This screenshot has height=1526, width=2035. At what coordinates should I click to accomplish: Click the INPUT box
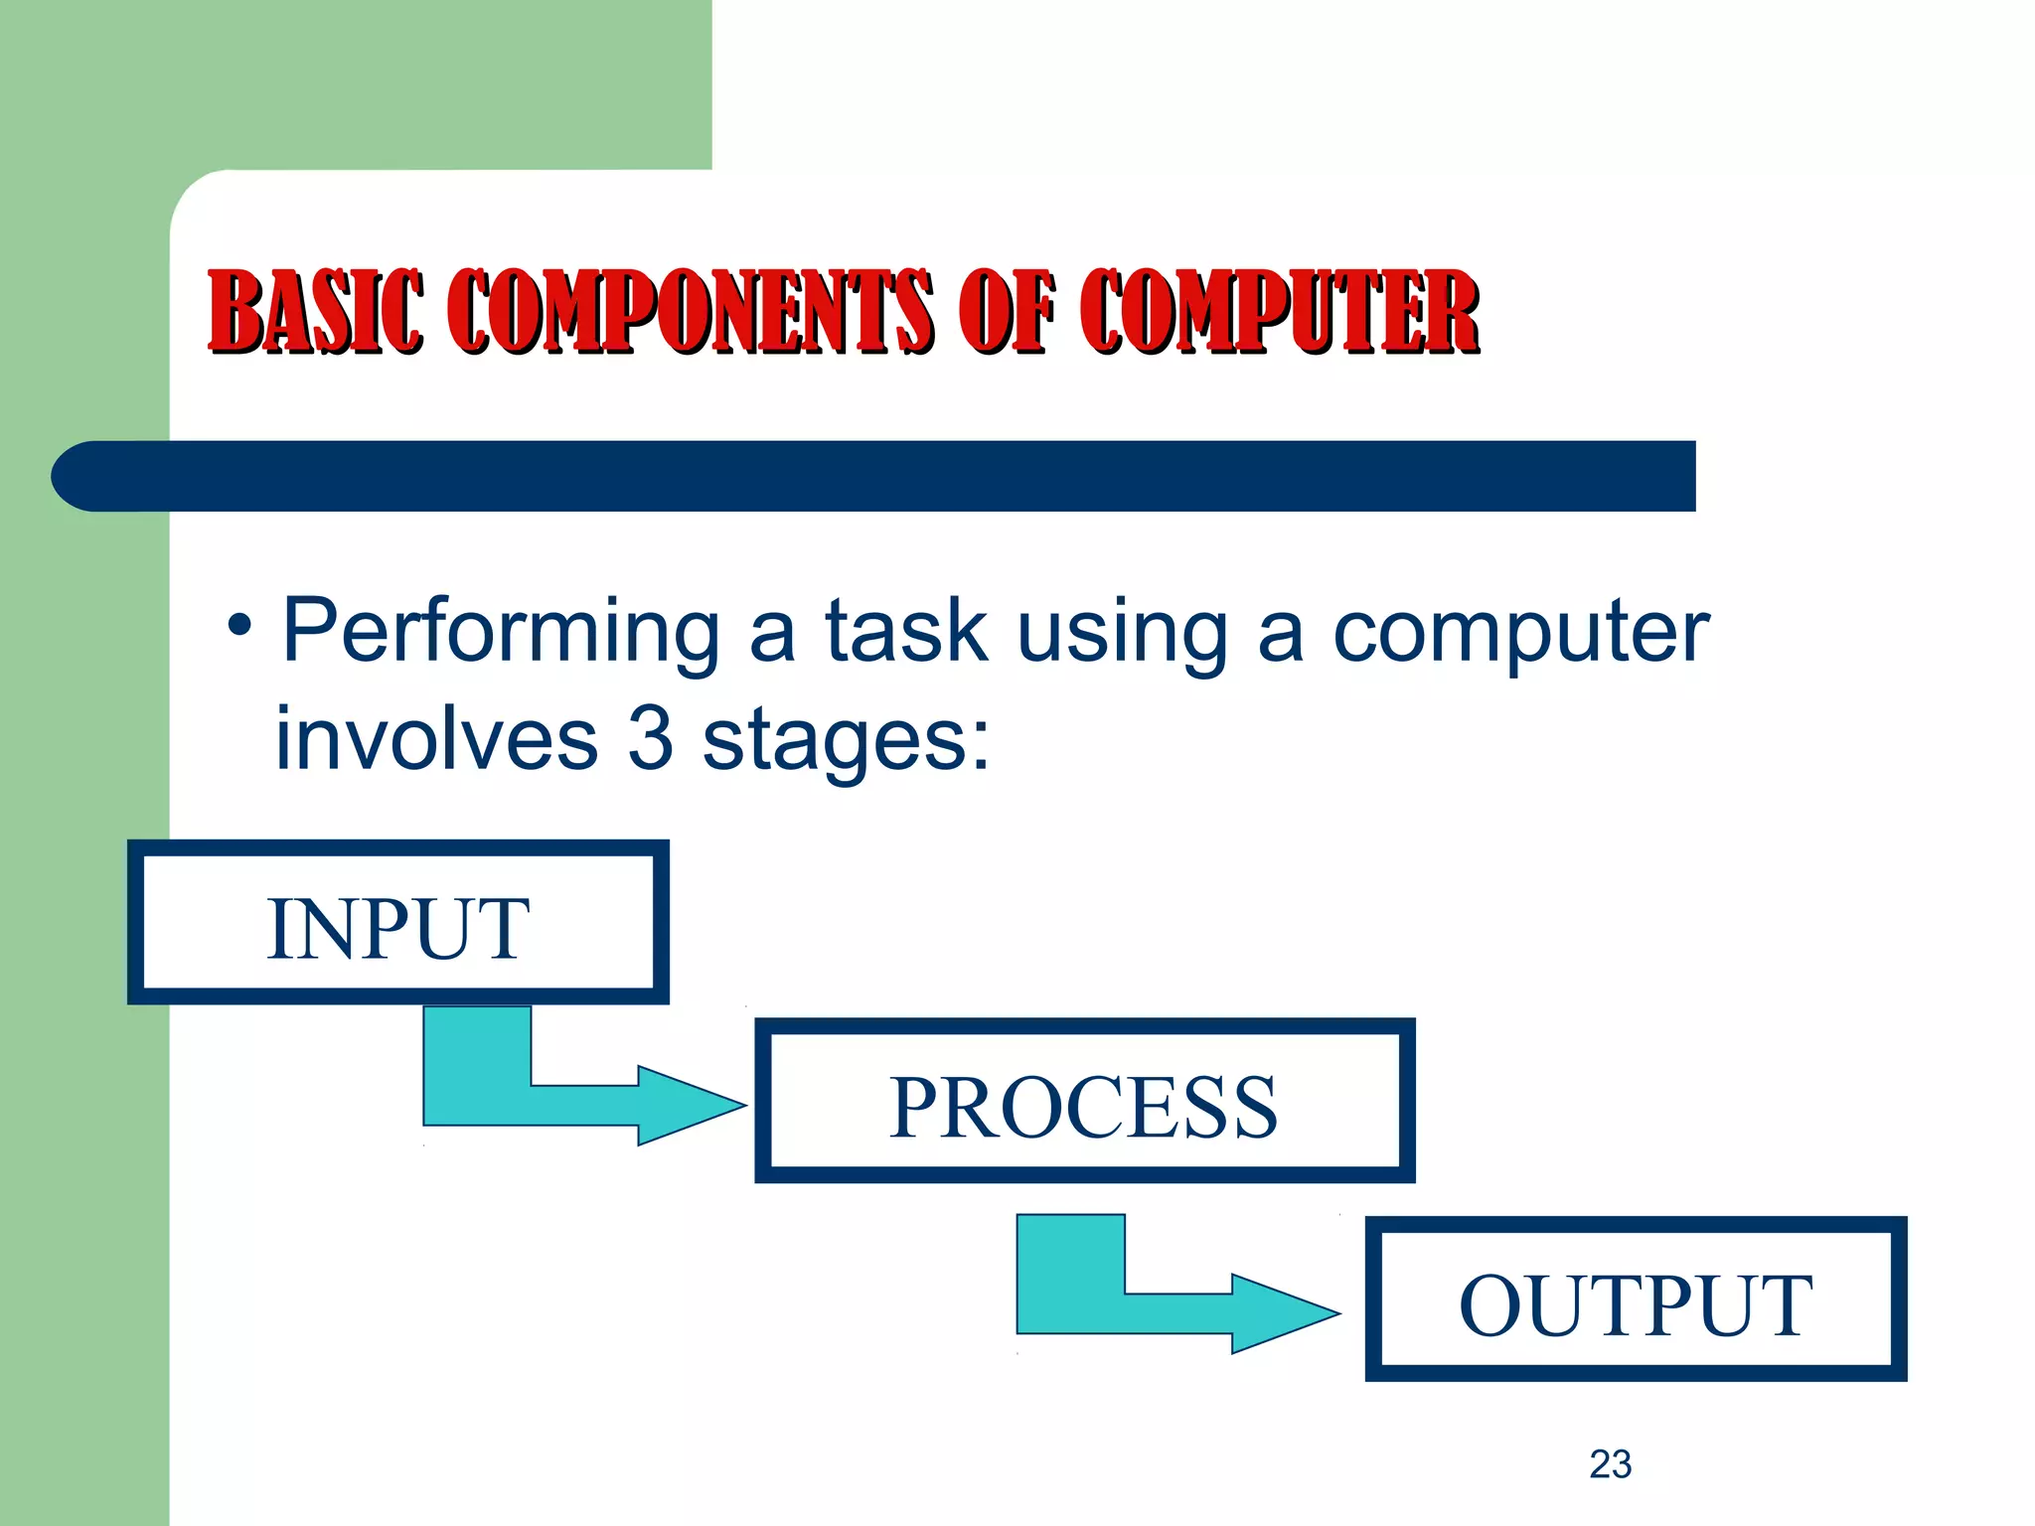coord(397,923)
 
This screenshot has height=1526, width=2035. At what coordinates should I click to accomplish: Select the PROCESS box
coord(1084,1101)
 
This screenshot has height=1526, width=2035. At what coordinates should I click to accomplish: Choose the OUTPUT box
coord(1636,1298)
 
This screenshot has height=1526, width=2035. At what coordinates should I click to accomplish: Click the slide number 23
coord(1610,1464)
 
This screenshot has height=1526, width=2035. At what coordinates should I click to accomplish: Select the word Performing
coord(502,634)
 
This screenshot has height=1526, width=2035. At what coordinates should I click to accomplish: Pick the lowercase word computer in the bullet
coord(1520,634)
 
